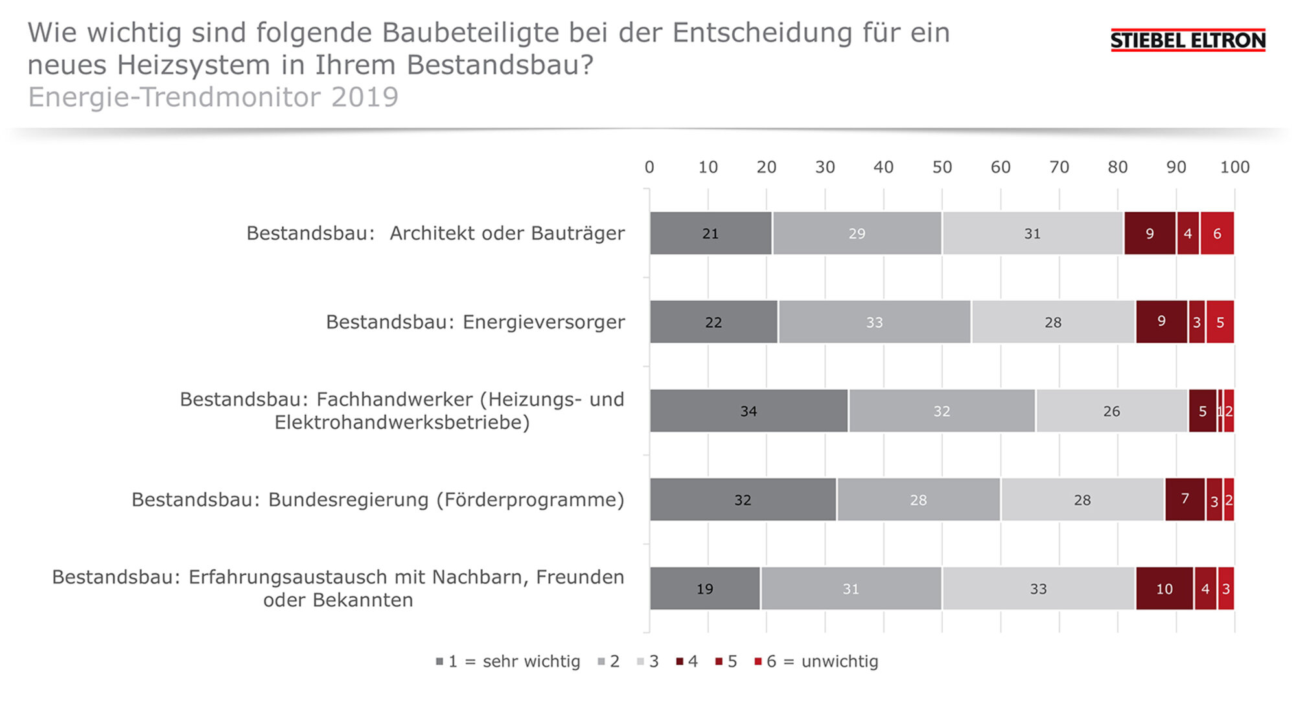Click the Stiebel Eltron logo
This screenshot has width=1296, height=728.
(x=1188, y=40)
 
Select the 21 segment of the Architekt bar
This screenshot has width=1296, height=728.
(x=711, y=233)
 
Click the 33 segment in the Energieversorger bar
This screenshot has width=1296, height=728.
(x=875, y=322)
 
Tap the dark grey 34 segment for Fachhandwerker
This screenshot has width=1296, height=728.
(x=748, y=411)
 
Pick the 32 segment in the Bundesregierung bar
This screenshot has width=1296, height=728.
(x=743, y=499)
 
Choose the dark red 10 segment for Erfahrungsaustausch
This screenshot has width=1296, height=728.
(x=1164, y=588)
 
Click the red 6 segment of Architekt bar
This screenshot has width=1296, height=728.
(x=1217, y=233)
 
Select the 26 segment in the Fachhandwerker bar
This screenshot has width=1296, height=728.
(x=1112, y=411)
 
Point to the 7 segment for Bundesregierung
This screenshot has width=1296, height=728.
(x=1185, y=499)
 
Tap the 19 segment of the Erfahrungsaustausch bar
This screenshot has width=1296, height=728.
(x=705, y=588)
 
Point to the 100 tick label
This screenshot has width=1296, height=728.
(x=1235, y=167)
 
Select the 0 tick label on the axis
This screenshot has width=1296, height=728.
(x=649, y=167)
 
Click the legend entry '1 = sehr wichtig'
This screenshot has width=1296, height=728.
(x=508, y=661)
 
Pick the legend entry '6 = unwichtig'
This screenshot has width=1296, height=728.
(x=816, y=661)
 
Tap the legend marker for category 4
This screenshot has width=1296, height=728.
(x=680, y=661)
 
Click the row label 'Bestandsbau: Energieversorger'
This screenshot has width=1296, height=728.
(x=476, y=322)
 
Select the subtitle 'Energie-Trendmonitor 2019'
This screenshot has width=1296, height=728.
(x=213, y=97)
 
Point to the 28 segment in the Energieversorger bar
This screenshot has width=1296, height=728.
(x=1053, y=322)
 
